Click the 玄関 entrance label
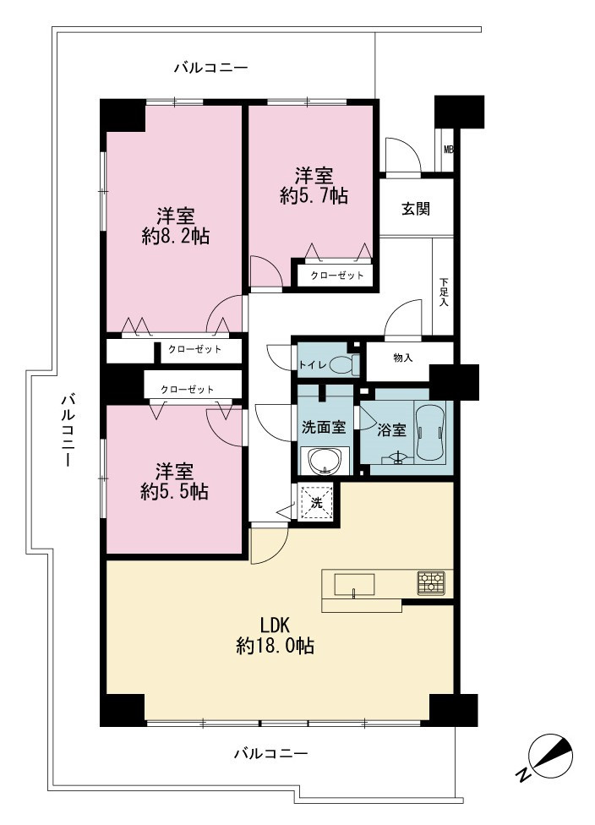(416, 209)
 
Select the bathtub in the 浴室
(431, 431)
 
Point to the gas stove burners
(431, 583)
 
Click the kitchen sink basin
(354, 584)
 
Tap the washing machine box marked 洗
(316, 503)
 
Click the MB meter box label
(448, 150)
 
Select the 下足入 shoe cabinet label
(444, 292)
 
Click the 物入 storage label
(402, 358)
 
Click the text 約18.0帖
(276, 645)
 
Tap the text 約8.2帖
(176, 237)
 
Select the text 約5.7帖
(314, 196)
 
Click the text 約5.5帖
(174, 491)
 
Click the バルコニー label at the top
(211, 68)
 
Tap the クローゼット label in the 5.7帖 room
(336, 276)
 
